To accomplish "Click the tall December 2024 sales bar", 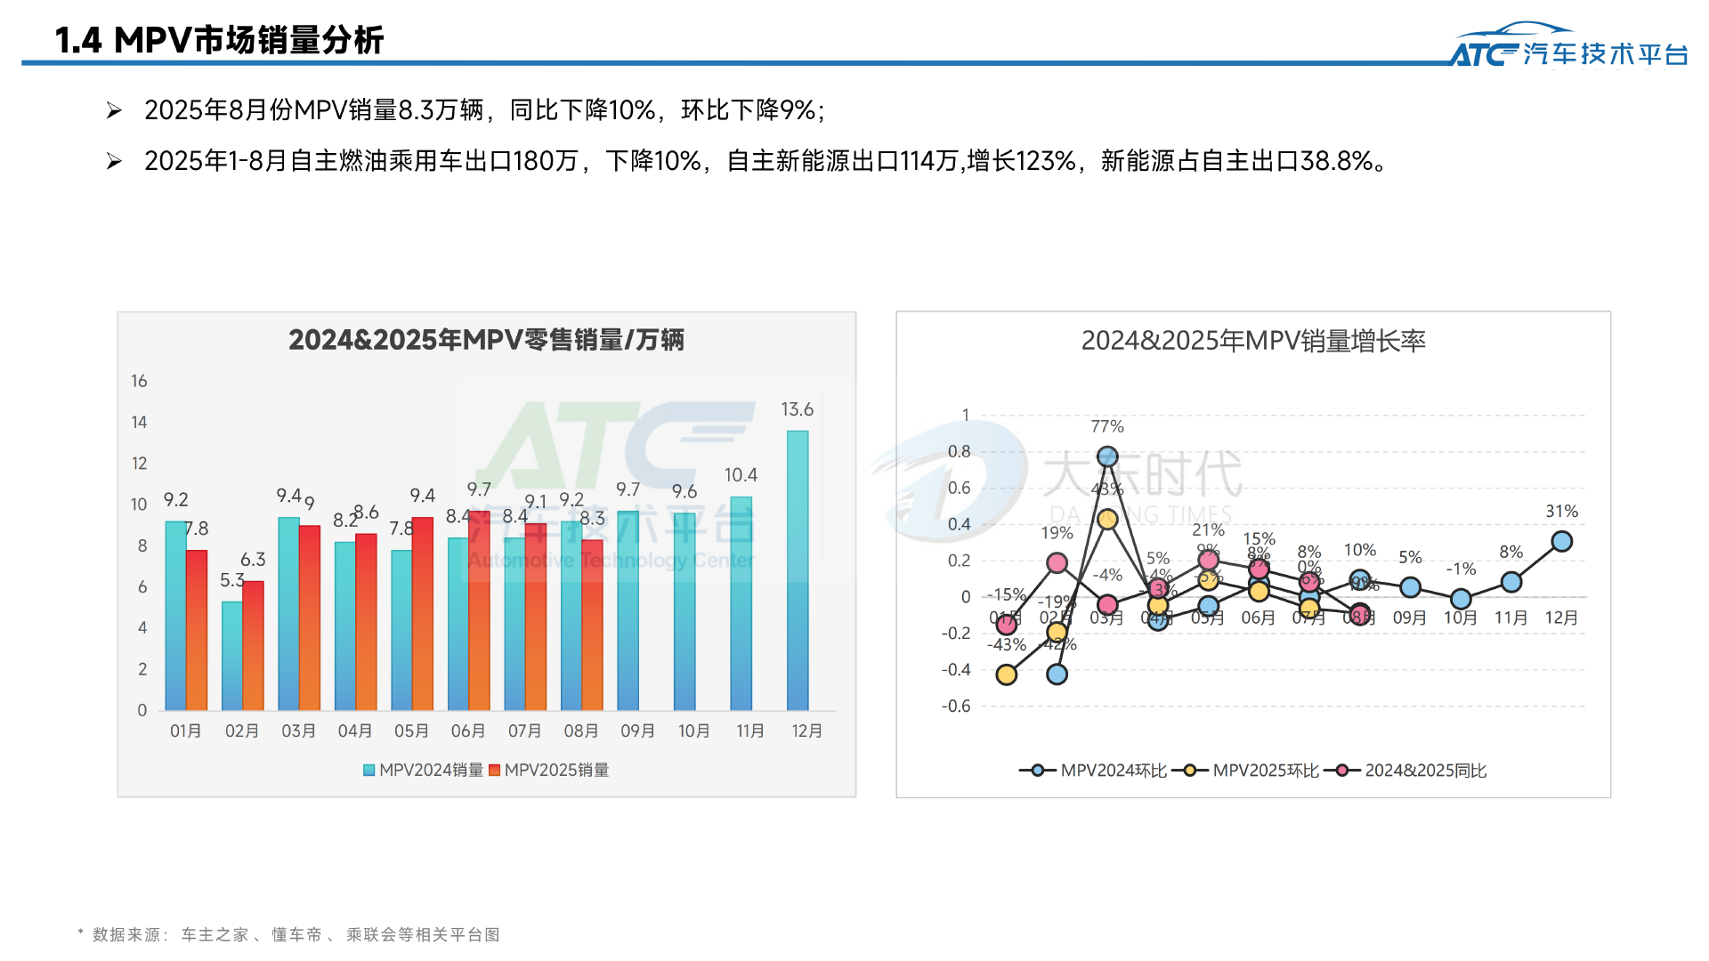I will pyautogui.click(x=798, y=569).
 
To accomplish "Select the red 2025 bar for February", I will pyautogui.click(x=254, y=645).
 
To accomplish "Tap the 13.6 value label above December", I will pyautogui.click(x=797, y=409).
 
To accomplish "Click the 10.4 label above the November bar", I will pyautogui.click(x=741, y=475).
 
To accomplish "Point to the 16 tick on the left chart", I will pyautogui.click(x=139, y=381).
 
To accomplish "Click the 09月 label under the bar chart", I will pyautogui.click(x=637, y=731).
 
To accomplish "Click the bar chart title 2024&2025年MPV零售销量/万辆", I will pyautogui.click(x=486, y=340).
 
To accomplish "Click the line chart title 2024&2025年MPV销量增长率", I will pyautogui.click(x=1253, y=341).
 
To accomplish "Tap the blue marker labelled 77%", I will pyautogui.click(x=1107, y=456).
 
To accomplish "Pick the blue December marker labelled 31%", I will pyautogui.click(x=1561, y=541).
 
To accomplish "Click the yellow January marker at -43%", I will pyautogui.click(x=1007, y=674).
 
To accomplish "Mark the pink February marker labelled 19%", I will pyautogui.click(x=1057, y=562).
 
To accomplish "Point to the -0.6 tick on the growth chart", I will pyautogui.click(x=957, y=706).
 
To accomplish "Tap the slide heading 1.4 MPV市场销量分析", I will pyautogui.click(x=219, y=40).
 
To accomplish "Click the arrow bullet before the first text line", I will pyautogui.click(x=114, y=110).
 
